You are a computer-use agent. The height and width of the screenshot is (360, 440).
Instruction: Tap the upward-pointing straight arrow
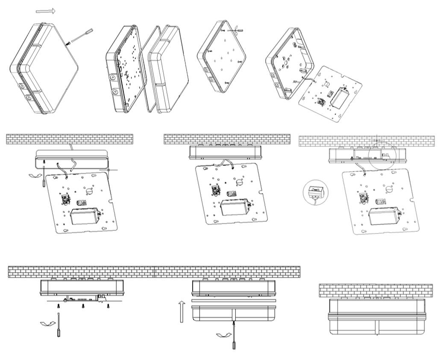pyautogui.click(x=182, y=311)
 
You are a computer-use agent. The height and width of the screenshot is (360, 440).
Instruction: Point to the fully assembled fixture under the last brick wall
pyautogui.click(x=377, y=316)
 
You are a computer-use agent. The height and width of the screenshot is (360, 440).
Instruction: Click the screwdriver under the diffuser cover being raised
pyautogui.click(x=234, y=337)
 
